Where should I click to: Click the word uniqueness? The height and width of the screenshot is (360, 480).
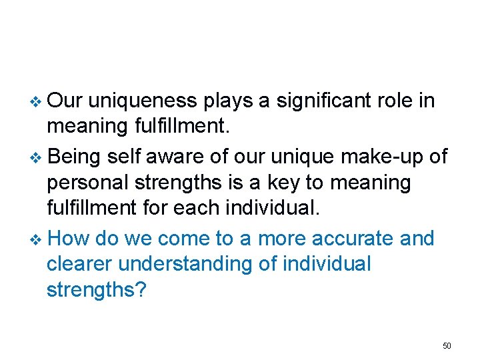click(142, 101)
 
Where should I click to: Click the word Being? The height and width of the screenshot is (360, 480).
click(73, 156)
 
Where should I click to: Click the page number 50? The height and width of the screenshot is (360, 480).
click(447, 345)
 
